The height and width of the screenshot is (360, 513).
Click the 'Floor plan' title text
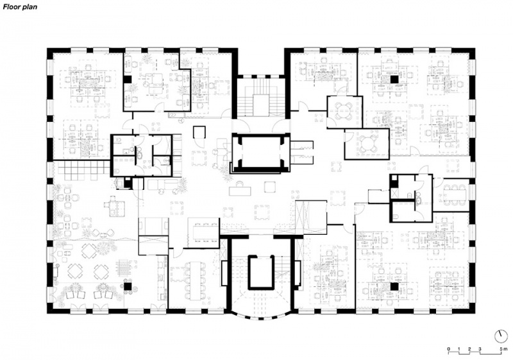coord(21,7)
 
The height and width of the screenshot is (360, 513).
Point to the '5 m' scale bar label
coord(503,348)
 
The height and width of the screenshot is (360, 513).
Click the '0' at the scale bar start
coord(448,348)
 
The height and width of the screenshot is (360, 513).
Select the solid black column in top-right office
coord(394,79)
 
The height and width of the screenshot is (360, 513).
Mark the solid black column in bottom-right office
coord(394,287)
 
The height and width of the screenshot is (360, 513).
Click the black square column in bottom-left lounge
coord(128,286)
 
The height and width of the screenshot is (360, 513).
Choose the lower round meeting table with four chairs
coord(367,144)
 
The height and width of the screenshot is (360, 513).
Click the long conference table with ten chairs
coord(196,280)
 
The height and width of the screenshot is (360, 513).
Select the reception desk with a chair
coord(240,189)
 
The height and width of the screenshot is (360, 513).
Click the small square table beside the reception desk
coord(270,187)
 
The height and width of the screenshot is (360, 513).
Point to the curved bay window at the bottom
coord(261,316)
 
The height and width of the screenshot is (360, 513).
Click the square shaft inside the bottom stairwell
coord(261,272)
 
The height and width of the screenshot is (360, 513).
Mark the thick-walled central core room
coord(261,152)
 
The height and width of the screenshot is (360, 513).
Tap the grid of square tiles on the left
coord(83,171)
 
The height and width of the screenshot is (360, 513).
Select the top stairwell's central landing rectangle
coord(261,106)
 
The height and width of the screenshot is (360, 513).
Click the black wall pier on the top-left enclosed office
coord(128,80)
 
